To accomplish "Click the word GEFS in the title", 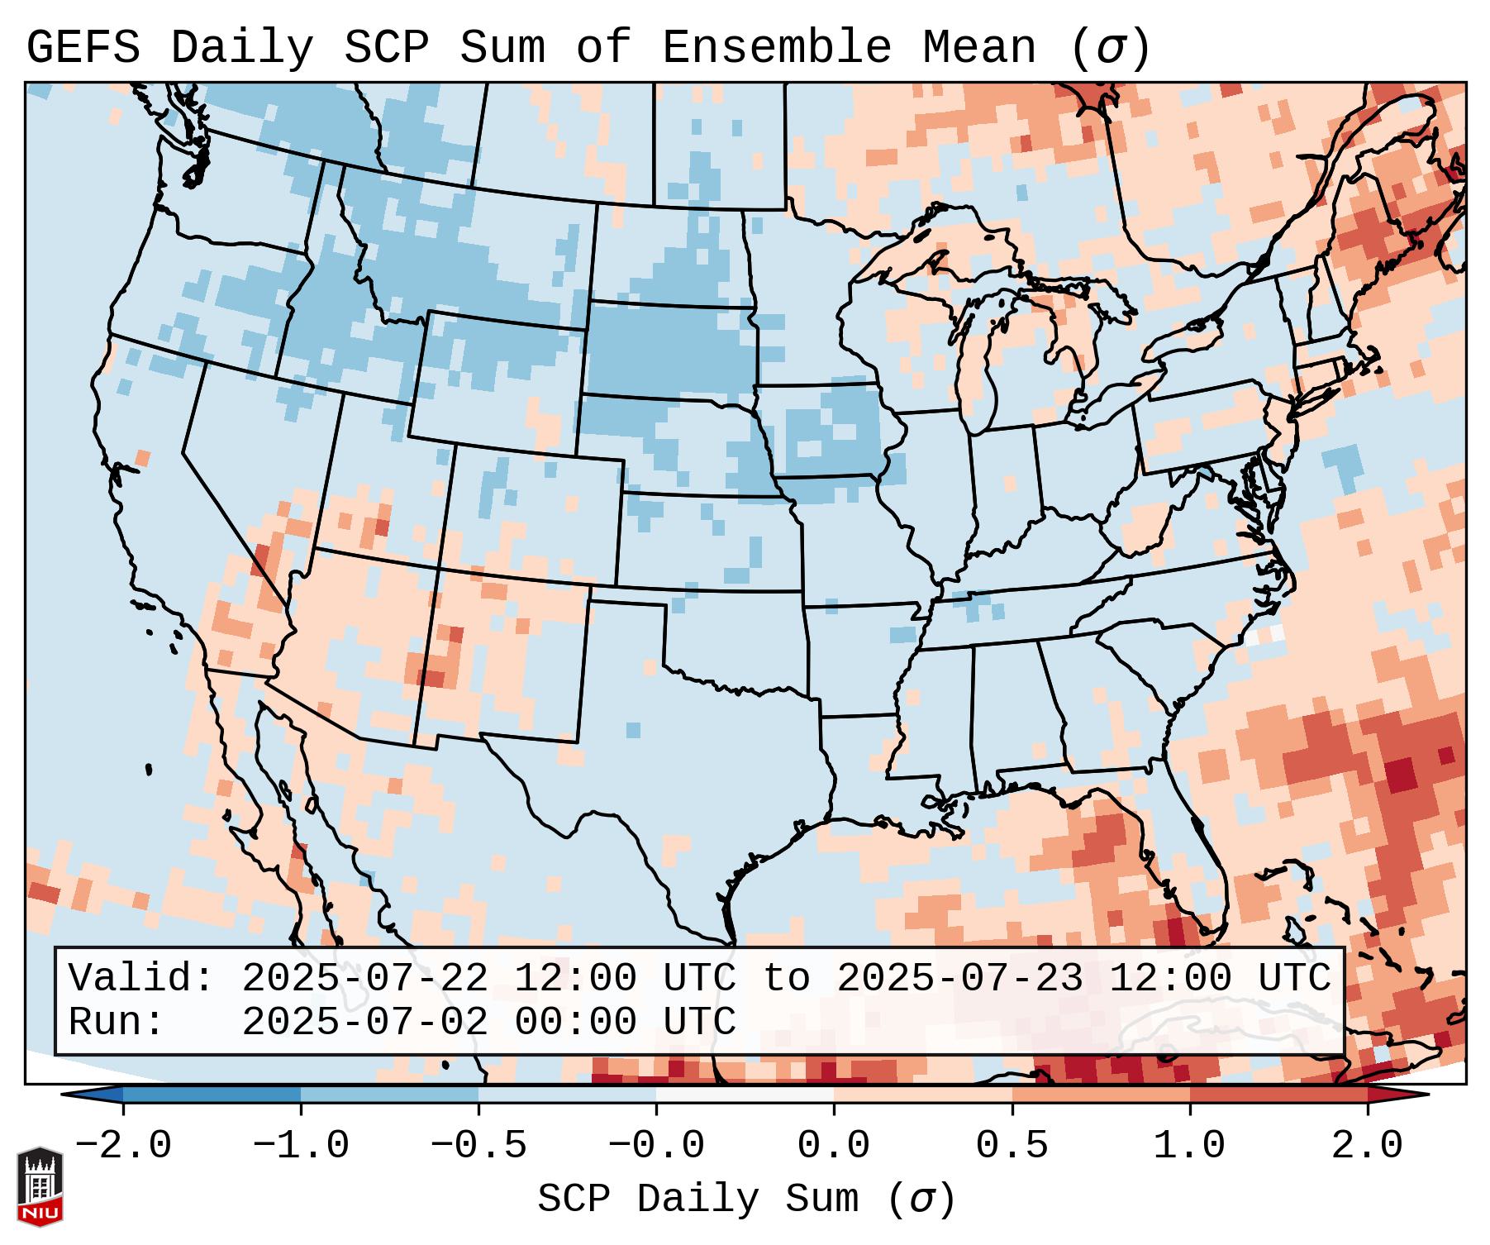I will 83,48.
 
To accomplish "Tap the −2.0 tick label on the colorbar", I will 123,1146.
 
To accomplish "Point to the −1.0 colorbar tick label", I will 301,1146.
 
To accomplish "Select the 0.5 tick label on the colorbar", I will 1012,1146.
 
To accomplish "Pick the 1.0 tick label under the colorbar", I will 1190,1146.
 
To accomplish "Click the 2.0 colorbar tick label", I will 1368,1146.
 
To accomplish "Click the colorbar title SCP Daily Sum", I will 698,1199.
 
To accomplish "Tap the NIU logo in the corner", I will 40,1185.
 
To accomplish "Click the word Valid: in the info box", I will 141,979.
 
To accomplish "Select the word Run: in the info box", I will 117,1023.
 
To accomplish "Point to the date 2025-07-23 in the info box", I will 959,979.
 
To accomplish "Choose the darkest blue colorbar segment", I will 212,1095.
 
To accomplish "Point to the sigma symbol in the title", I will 1110,48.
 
